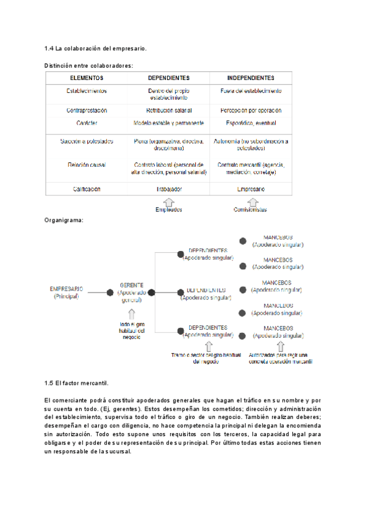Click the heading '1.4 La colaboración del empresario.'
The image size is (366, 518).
(95, 48)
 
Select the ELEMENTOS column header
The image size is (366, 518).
(87, 78)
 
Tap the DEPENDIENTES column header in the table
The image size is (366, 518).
(169, 78)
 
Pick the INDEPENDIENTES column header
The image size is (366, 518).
(251, 78)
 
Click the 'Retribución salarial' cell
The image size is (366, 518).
(169, 111)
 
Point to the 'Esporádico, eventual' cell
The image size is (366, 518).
(251, 122)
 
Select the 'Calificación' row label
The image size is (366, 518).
(87, 189)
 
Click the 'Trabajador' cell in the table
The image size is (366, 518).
(169, 189)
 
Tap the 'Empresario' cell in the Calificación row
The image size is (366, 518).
(251, 189)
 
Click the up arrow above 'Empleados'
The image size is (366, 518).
(169, 201)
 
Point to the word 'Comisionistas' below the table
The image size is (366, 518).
(250, 210)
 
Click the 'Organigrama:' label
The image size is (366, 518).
(64, 220)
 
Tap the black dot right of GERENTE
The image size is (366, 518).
(151, 293)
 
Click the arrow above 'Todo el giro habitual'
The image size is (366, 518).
(132, 314)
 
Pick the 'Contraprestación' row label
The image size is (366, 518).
(87, 111)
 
